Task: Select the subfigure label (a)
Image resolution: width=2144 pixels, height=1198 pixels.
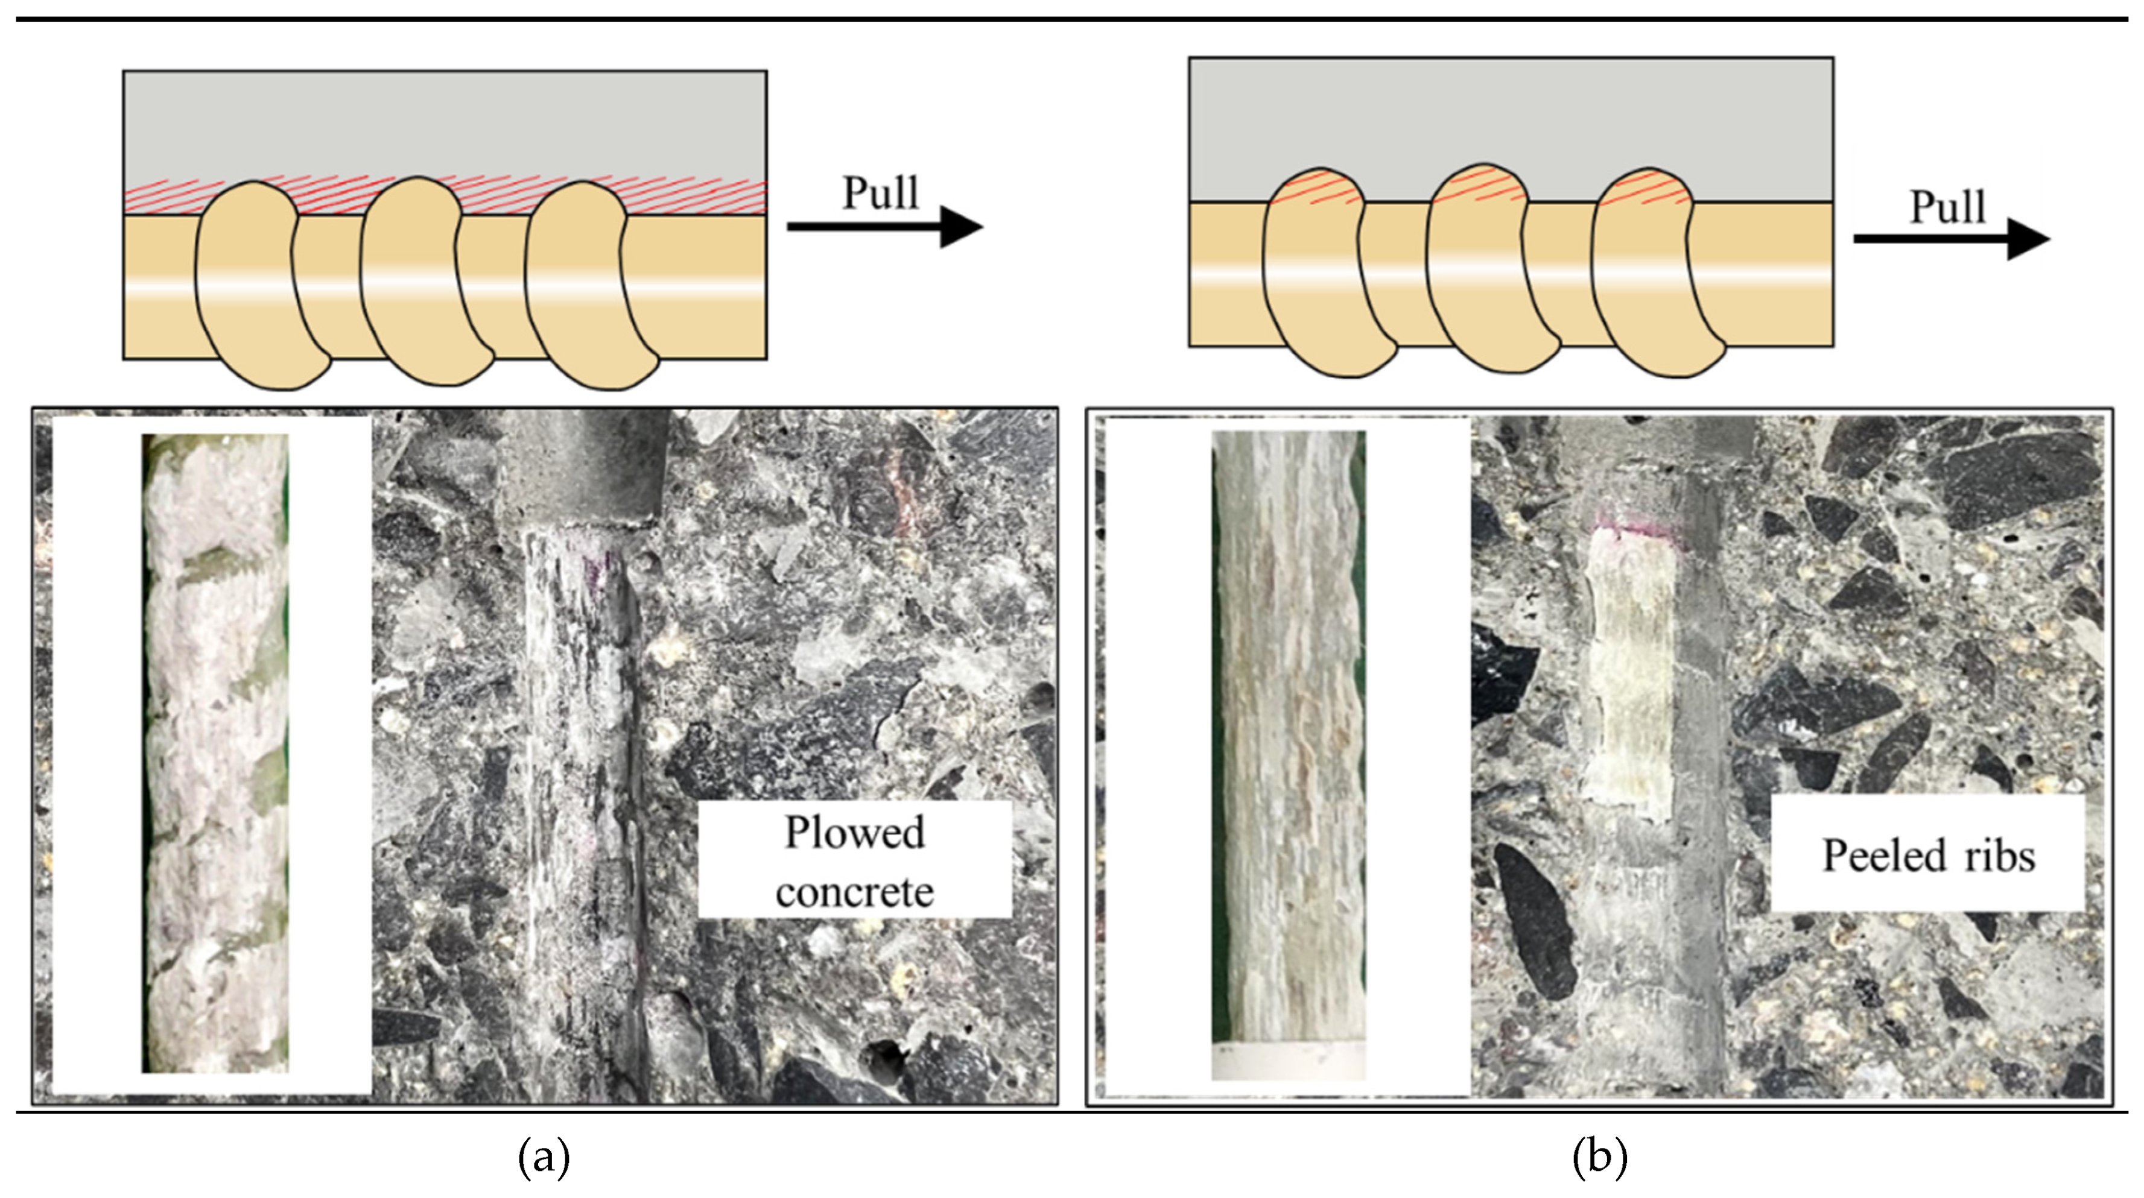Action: [544, 1157]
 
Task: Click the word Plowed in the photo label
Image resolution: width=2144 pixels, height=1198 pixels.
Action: [855, 832]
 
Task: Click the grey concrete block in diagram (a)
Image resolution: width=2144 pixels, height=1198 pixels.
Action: [445, 125]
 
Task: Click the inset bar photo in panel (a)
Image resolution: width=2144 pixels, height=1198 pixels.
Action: [215, 753]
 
